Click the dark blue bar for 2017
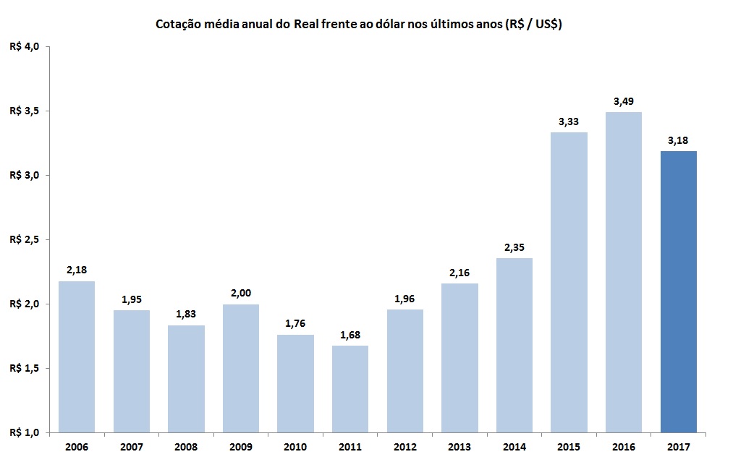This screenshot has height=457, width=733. click(x=679, y=291)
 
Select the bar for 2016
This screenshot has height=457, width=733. click(x=624, y=272)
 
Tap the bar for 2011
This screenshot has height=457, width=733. click(x=350, y=389)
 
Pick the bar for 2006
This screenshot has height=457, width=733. click(x=77, y=356)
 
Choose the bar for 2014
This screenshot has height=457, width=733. click(x=514, y=345)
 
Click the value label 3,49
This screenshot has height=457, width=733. click(x=624, y=101)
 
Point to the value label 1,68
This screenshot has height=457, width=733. click(x=350, y=335)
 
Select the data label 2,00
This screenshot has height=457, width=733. click(x=241, y=294)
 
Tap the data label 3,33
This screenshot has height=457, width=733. click(x=569, y=121)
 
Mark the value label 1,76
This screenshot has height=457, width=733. click(x=296, y=324)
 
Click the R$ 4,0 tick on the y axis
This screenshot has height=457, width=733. click(x=25, y=47)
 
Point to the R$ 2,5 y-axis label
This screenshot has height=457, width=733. click(x=25, y=239)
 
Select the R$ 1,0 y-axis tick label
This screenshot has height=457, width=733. click(x=25, y=432)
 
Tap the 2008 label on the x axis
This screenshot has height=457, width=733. click(x=186, y=447)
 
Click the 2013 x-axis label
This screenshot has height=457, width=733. click(x=459, y=447)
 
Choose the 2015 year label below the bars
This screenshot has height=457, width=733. click(x=569, y=447)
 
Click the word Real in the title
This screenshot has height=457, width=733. click(x=308, y=25)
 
